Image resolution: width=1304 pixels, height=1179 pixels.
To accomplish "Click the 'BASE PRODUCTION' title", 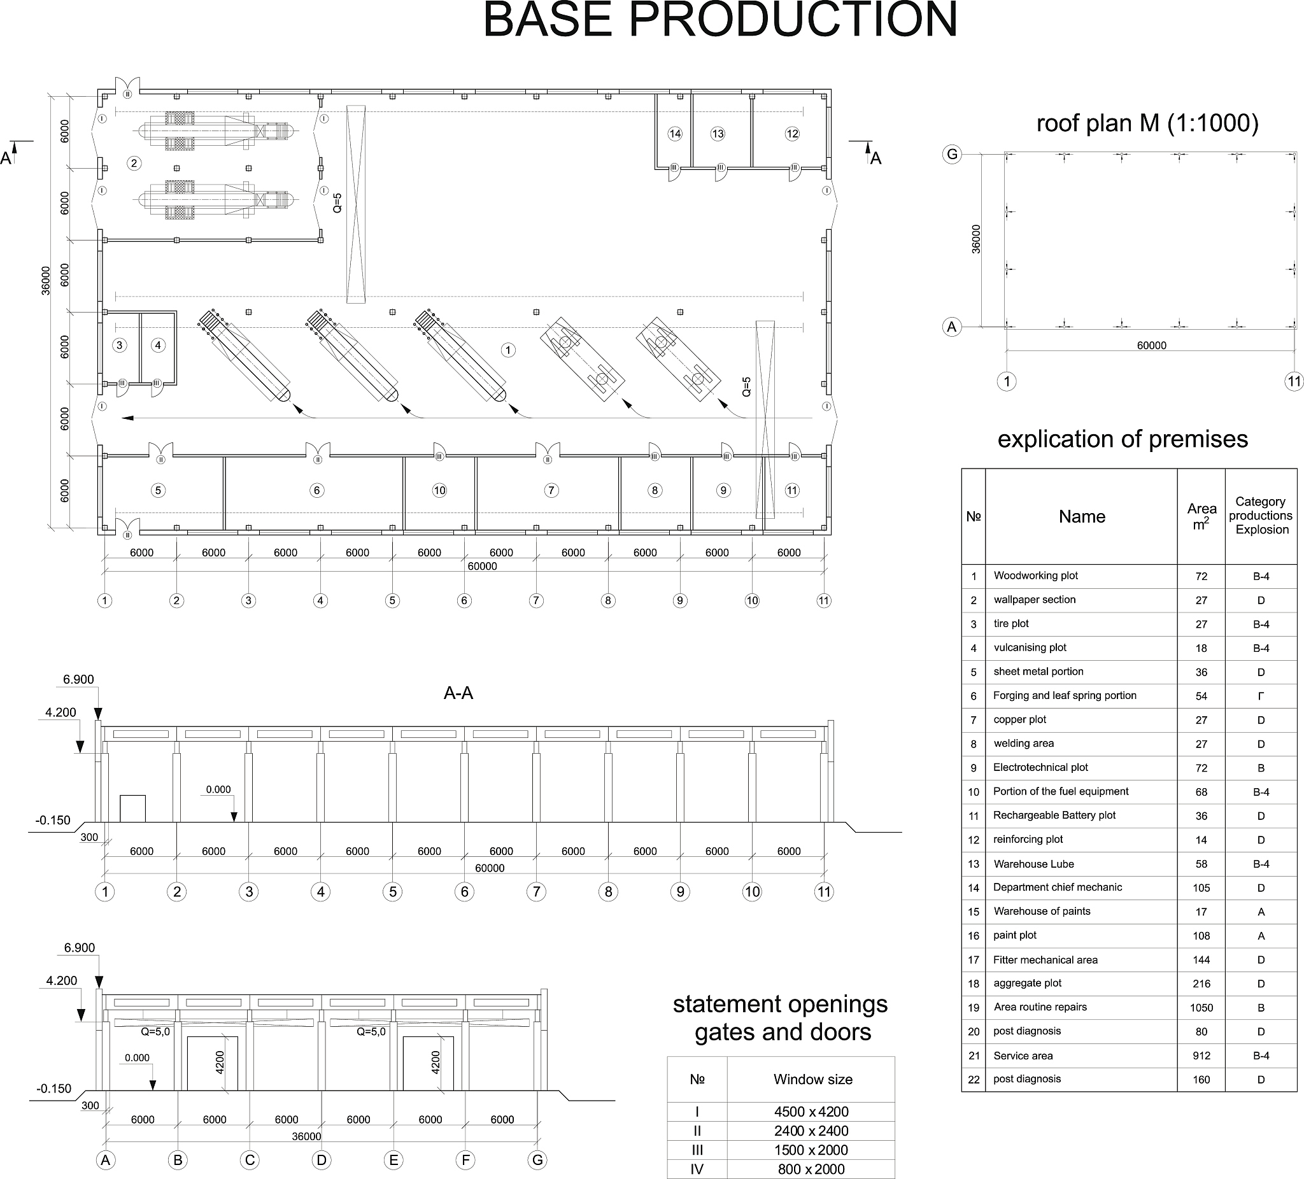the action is pyautogui.click(x=720, y=19).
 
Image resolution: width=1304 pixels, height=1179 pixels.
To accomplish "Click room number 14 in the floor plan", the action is pyautogui.click(x=675, y=134).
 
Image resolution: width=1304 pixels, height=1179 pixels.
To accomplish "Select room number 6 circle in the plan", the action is pyautogui.click(x=316, y=490).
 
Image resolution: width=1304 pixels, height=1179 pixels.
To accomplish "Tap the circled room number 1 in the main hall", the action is pyautogui.click(x=508, y=350).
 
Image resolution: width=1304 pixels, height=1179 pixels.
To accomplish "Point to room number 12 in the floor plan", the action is pyautogui.click(x=791, y=134).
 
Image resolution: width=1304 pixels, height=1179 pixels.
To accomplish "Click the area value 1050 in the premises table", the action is pyautogui.click(x=1201, y=1008).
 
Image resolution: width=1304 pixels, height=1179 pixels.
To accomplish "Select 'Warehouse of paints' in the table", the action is pyautogui.click(x=1042, y=911).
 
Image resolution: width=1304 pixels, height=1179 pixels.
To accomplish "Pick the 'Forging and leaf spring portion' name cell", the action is pyautogui.click(x=1065, y=695).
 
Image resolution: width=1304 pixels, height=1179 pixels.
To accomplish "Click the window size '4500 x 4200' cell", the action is pyautogui.click(x=811, y=1112).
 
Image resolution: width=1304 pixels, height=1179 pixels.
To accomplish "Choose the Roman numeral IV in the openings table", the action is pyautogui.click(x=697, y=1169).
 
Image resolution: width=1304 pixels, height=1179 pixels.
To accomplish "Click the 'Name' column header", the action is pyautogui.click(x=1082, y=517).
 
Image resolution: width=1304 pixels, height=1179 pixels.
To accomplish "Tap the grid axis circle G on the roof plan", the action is pyautogui.click(x=951, y=155).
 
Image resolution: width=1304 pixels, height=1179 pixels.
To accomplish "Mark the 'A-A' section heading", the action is pyautogui.click(x=458, y=693).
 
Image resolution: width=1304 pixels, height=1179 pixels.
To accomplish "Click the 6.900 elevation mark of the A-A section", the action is pyautogui.click(x=78, y=680).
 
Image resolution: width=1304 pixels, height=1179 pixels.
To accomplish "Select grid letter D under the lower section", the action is pyautogui.click(x=322, y=1161).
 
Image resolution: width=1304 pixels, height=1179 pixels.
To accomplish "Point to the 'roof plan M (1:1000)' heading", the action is pyautogui.click(x=1147, y=123).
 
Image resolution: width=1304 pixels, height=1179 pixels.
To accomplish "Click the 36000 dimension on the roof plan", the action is pyautogui.click(x=976, y=239).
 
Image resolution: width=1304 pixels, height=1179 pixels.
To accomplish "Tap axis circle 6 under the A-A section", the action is pyautogui.click(x=464, y=892).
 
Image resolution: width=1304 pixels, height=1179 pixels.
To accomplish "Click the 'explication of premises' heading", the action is pyautogui.click(x=1123, y=439).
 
